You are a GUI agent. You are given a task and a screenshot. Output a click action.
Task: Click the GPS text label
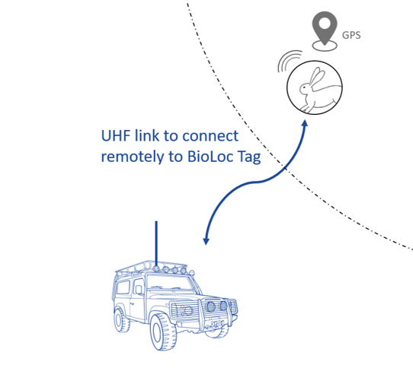(x=351, y=35)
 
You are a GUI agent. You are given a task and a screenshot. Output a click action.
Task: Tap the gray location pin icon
(x=325, y=27)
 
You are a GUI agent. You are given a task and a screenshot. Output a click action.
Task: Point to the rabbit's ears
(x=316, y=76)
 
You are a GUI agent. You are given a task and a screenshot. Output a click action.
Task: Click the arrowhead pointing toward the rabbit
(x=305, y=124)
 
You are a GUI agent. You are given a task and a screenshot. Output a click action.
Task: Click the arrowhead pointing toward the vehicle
(x=206, y=241)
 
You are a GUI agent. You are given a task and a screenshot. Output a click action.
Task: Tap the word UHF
(x=116, y=135)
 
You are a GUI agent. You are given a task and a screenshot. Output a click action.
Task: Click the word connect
(x=210, y=136)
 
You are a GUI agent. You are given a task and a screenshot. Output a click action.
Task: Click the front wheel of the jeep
(x=163, y=332)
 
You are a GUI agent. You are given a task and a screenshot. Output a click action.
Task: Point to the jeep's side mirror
(x=139, y=290)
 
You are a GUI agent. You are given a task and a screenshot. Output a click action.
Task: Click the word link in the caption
(x=147, y=135)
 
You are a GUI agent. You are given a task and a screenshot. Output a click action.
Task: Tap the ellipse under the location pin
(x=325, y=46)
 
